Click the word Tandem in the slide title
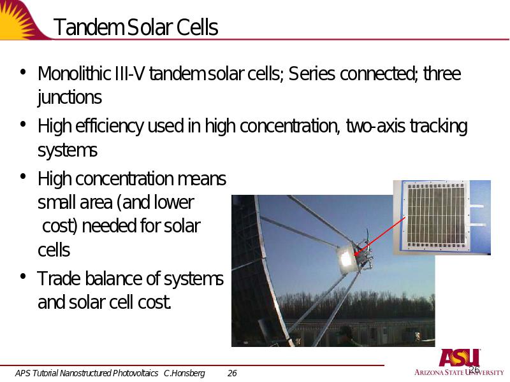pos(89,27)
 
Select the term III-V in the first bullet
pos(129,73)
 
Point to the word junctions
pos(69,97)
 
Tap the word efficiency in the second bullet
pos(109,126)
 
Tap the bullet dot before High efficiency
pos(23,125)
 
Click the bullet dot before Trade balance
pos(23,277)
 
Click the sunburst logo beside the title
pos(20,20)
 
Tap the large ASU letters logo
pos(459,358)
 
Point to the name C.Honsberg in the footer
pos(184,373)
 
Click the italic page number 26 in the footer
pos(232,373)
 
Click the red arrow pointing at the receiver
pos(379,236)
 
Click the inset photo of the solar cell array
pos(442,217)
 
